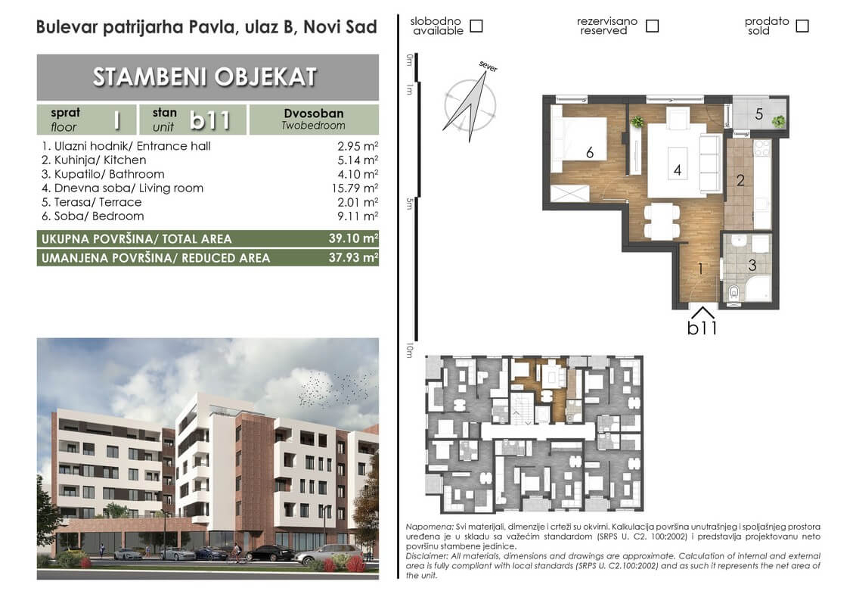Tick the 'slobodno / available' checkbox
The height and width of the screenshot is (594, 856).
[x=476, y=26]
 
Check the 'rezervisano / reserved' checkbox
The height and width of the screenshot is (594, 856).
[x=652, y=26]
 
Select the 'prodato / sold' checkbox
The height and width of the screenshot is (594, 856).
[x=802, y=26]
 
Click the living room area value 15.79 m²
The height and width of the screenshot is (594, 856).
[x=355, y=188]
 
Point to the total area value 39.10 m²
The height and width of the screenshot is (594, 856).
[x=353, y=238]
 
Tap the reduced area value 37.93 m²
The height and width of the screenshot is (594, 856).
[x=353, y=257]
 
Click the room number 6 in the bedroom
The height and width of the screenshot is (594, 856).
[x=590, y=152]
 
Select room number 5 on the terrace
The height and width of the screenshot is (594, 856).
[x=758, y=114]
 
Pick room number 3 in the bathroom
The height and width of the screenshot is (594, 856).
[x=752, y=265]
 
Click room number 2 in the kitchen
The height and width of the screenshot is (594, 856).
[x=740, y=180]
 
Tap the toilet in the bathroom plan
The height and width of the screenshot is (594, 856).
[x=734, y=292]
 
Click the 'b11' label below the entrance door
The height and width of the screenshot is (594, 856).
[x=702, y=328]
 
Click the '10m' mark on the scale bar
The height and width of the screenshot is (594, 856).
[x=409, y=351]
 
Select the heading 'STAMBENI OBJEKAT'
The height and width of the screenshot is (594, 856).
[x=205, y=77]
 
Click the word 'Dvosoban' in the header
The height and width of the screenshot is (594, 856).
[x=313, y=113]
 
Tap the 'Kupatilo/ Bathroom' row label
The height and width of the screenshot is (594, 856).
[x=103, y=174]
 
